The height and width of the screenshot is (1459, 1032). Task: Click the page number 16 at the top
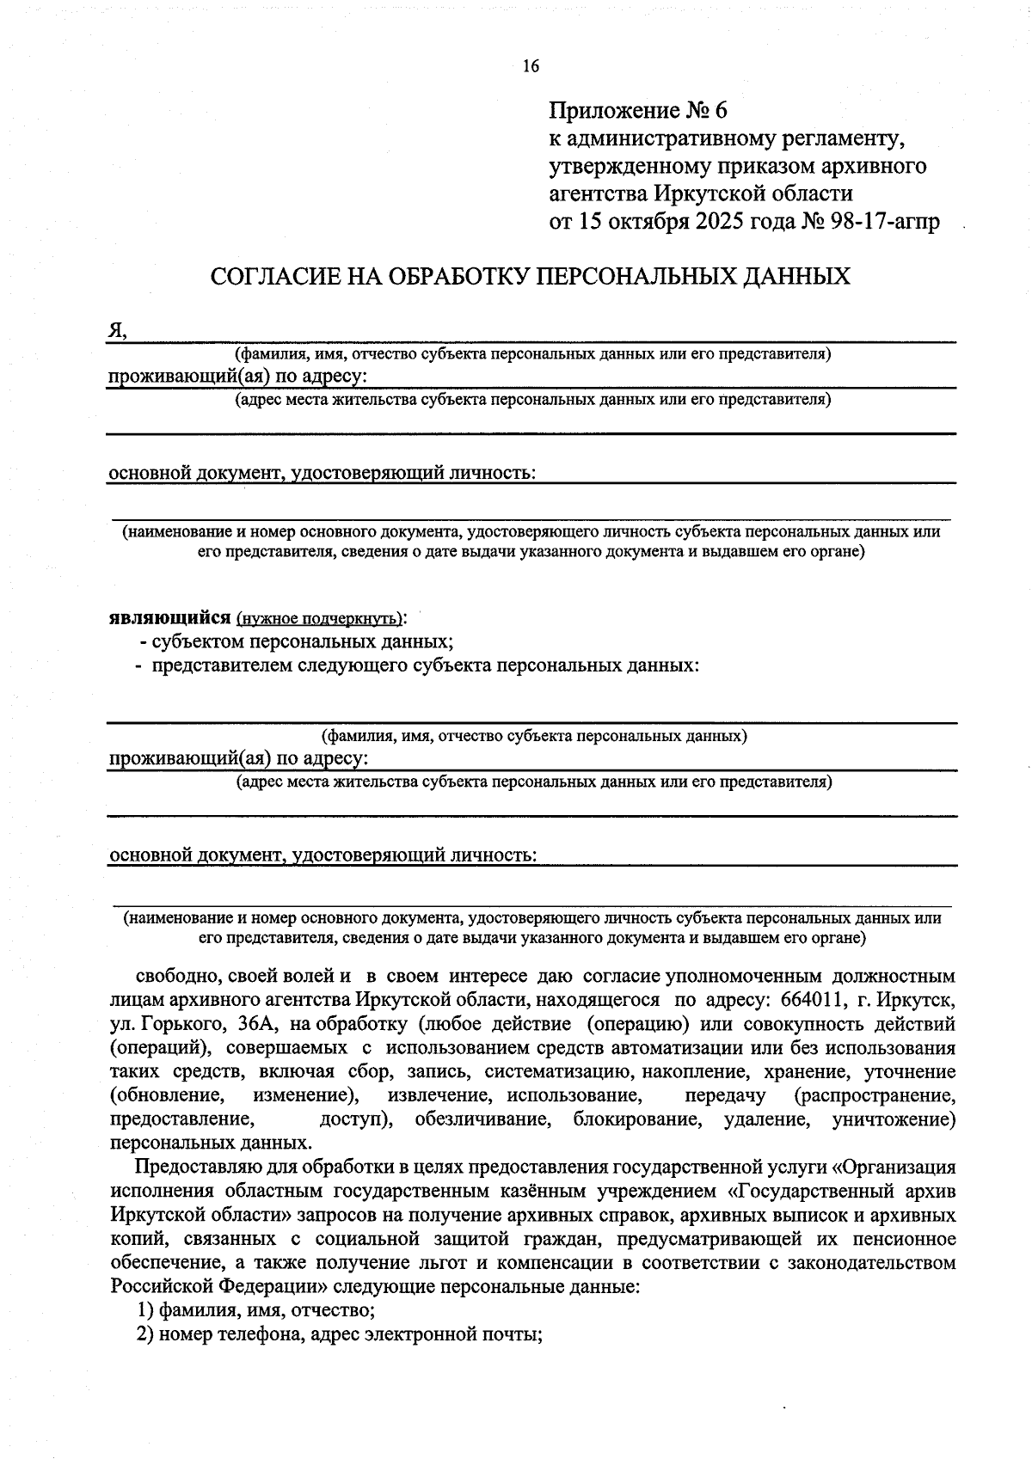(x=531, y=66)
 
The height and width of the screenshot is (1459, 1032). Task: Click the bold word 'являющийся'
(x=169, y=617)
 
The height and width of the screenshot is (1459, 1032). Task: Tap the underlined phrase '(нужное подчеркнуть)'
(x=319, y=618)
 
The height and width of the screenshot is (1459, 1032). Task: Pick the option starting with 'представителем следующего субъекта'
(x=425, y=665)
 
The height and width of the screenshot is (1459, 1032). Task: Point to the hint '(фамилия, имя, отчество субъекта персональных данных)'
(x=533, y=736)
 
